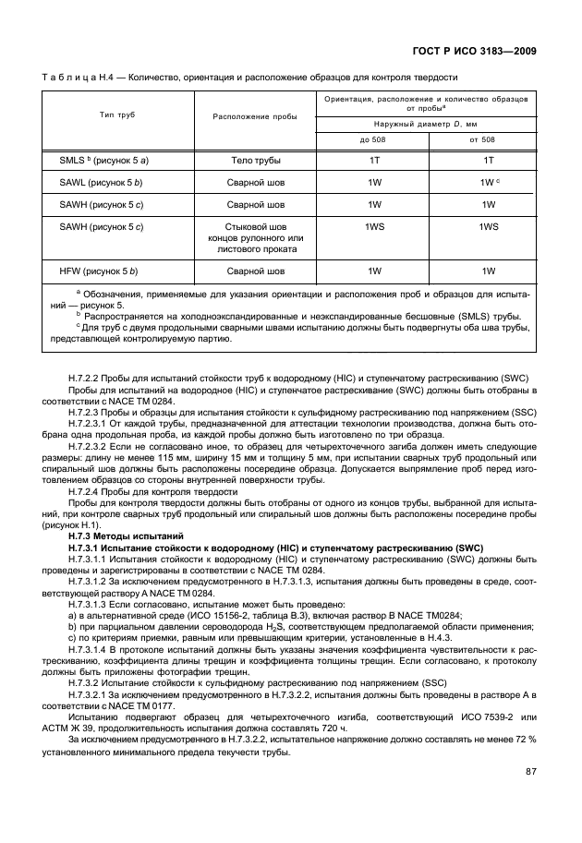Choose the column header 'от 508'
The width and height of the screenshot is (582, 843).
(x=481, y=139)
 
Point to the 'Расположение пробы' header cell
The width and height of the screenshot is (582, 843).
(x=254, y=117)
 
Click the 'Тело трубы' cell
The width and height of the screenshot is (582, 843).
(x=254, y=161)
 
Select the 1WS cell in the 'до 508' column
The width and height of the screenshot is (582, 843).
(x=374, y=226)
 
